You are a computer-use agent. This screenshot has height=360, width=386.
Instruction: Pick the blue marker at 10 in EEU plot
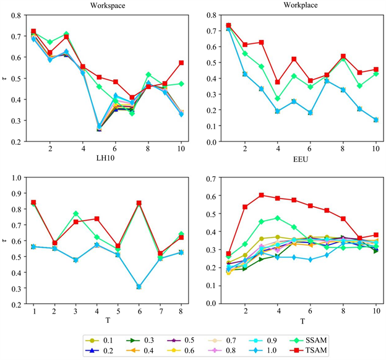click(x=375, y=119)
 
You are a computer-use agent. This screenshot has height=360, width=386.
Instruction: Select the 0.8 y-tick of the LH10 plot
click(x=17, y=15)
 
